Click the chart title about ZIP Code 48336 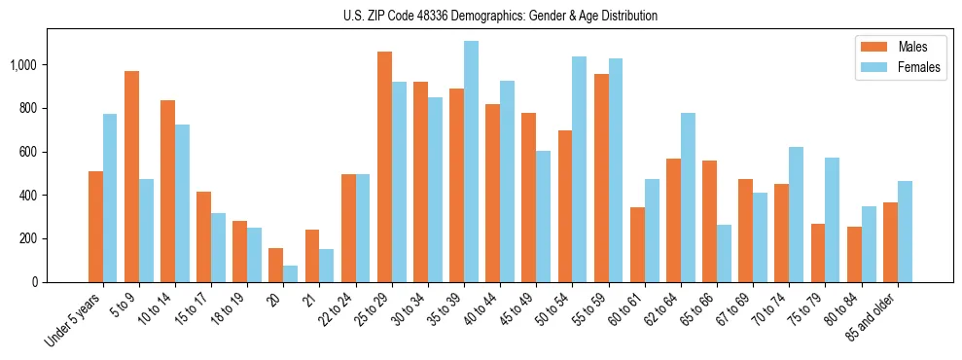tap(500, 16)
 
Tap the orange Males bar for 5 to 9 tap(131, 176)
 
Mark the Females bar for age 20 tap(290, 273)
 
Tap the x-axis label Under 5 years tap(75, 320)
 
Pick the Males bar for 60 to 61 tap(637, 244)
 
